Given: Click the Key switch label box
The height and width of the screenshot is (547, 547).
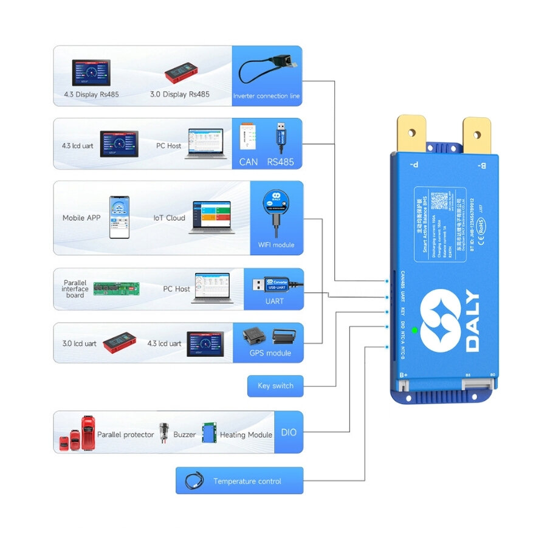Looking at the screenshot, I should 275,386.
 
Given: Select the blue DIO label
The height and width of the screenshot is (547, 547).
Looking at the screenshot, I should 289,432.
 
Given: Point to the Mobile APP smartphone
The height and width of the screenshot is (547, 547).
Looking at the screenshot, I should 119,217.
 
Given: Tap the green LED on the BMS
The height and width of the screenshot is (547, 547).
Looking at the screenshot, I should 415,331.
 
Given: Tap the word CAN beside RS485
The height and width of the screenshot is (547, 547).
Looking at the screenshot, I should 249,162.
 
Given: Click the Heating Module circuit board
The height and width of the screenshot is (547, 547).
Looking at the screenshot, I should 210,432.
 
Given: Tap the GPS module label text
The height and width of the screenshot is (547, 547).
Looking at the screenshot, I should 270,353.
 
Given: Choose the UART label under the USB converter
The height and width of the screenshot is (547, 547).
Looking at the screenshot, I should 274,301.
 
